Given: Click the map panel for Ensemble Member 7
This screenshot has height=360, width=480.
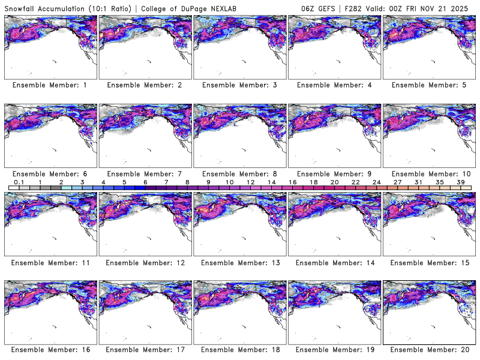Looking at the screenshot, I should pos(145,136).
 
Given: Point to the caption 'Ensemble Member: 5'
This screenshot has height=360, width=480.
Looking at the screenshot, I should pos(429,85).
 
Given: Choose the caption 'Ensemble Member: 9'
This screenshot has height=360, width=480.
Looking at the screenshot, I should pos(334,173).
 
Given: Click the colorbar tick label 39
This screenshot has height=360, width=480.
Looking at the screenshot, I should pos(461,181).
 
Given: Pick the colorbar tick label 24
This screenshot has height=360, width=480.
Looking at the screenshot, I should pos(376,181).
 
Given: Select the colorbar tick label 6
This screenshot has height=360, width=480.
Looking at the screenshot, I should pos(145,181).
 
